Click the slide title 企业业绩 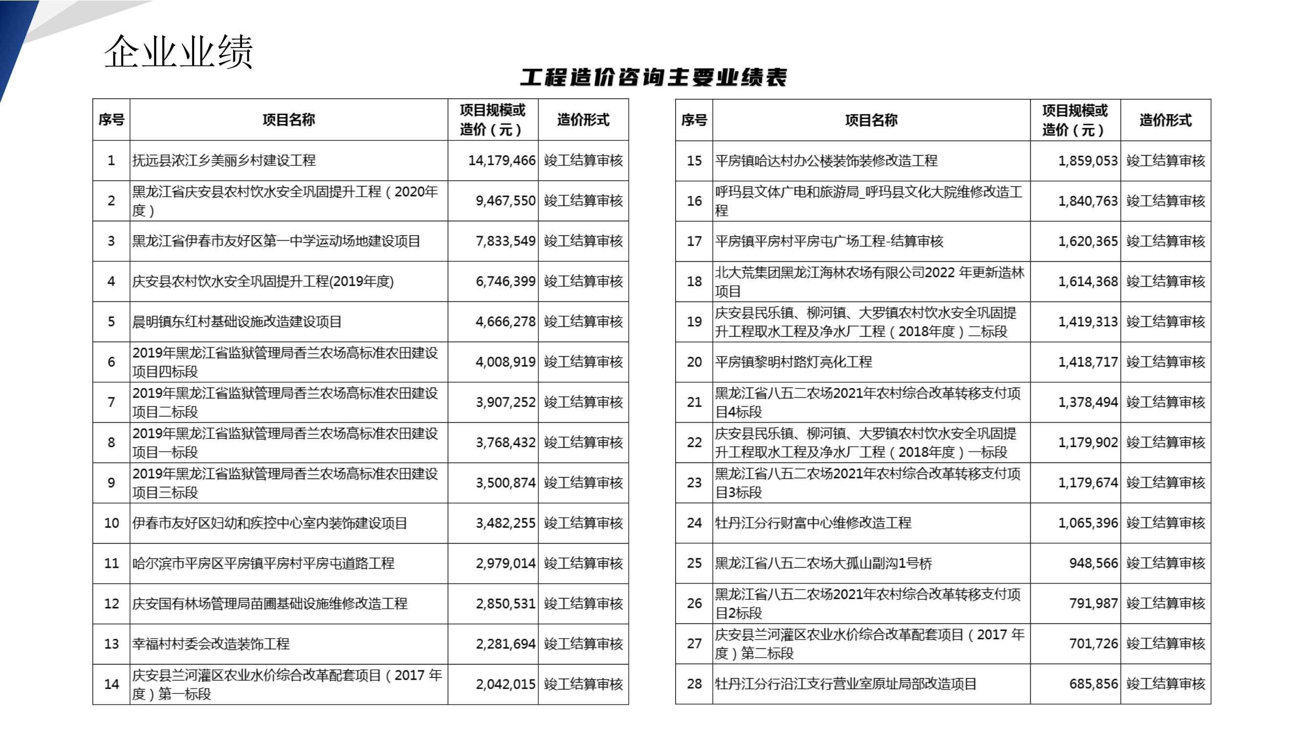(x=178, y=52)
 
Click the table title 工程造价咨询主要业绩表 (x=653, y=77)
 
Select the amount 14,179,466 (x=501, y=161)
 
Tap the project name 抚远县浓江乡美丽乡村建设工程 (x=224, y=161)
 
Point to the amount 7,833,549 (x=505, y=241)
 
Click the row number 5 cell (x=111, y=321)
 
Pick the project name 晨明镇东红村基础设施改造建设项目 (x=237, y=321)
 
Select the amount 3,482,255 (x=505, y=523)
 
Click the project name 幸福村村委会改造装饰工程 (x=211, y=644)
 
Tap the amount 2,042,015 (x=505, y=685)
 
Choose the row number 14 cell (x=111, y=685)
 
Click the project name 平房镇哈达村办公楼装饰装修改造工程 (x=826, y=161)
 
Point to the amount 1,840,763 (x=1087, y=201)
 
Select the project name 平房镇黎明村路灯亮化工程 (x=793, y=362)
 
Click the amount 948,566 (x=1093, y=563)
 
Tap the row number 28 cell (x=694, y=684)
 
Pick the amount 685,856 (x=1093, y=684)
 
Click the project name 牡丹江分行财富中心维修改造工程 (x=813, y=523)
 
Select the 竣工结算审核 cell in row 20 (x=1165, y=362)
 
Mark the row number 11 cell (x=111, y=563)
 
